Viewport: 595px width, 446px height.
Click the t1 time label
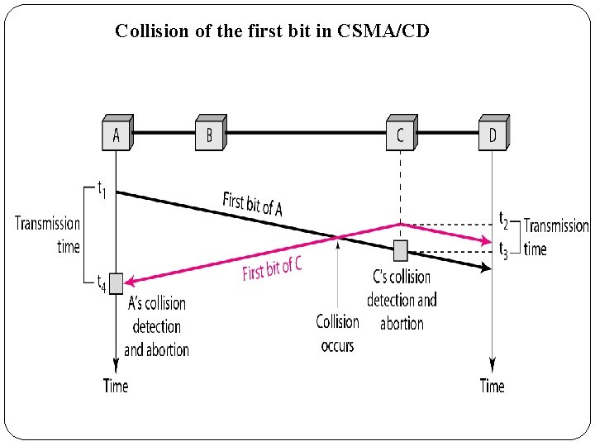(x=102, y=189)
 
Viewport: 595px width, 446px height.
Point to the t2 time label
(x=503, y=219)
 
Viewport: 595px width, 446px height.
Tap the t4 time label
(x=101, y=282)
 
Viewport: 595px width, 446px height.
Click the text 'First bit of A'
(x=252, y=203)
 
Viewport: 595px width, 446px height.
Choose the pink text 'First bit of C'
(x=272, y=268)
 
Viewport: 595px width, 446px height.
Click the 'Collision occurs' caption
(x=337, y=333)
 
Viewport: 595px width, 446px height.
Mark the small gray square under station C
(x=400, y=249)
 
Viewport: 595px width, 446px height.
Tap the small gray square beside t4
(x=116, y=283)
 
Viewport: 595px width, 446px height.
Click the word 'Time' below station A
(x=116, y=385)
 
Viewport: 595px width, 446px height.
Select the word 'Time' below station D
(x=493, y=385)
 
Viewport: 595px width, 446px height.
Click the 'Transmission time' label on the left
(x=48, y=235)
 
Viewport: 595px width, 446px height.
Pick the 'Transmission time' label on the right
(x=555, y=237)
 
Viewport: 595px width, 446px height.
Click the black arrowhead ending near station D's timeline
(x=484, y=267)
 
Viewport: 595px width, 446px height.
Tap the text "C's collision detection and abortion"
(x=402, y=299)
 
